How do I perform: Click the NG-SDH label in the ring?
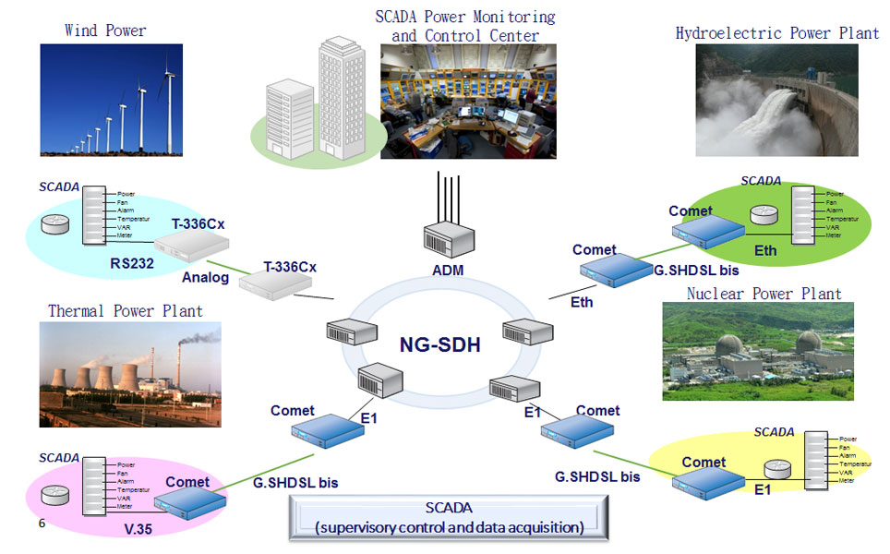point(440,346)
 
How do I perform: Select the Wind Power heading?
point(105,30)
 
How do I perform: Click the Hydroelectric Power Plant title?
point(777,33)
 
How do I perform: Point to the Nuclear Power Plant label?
point(764,294)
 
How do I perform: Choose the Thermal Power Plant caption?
point(126,310)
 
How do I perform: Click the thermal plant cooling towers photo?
point(130,374)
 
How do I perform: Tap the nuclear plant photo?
point(757,351)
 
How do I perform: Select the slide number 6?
point(42,524)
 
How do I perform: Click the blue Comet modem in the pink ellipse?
point(190,501)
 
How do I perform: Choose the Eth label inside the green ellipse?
point(765,250)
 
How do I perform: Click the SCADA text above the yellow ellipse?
point(774,431)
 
